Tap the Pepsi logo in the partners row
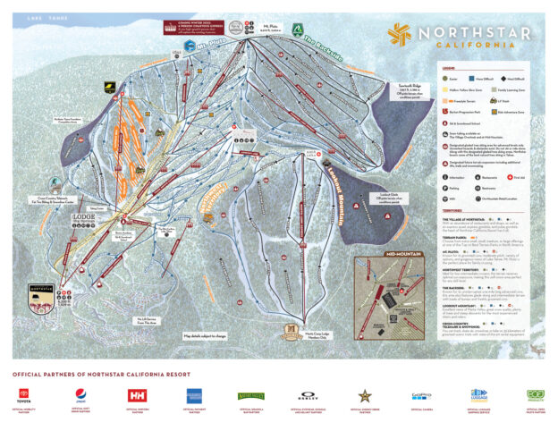80,394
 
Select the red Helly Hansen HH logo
137,394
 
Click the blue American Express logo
194,394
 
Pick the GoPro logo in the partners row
421,394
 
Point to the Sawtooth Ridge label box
385,90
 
